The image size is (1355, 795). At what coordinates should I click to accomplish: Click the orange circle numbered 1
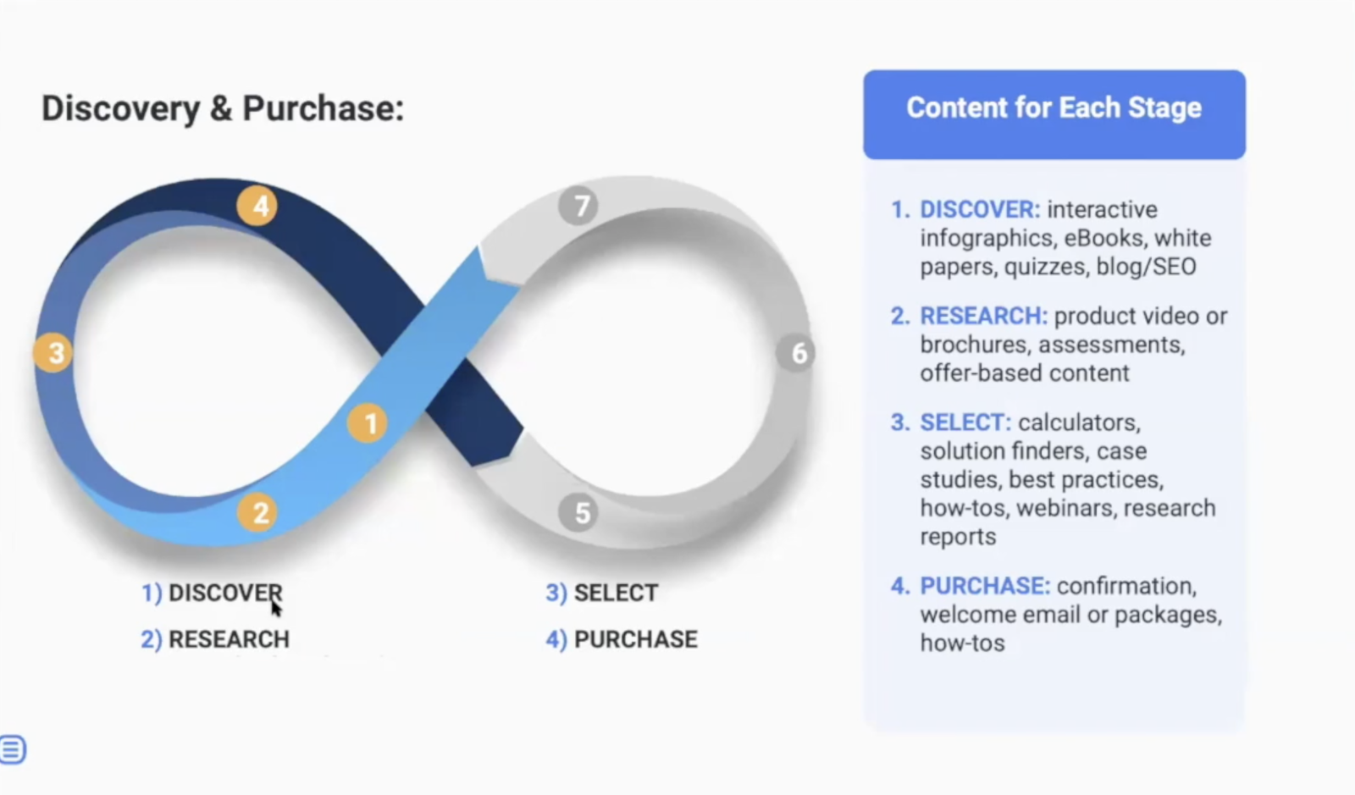tap(368, 423)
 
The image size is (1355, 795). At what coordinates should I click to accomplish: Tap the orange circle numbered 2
tap(259, 512)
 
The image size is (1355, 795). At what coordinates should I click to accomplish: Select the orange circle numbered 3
tap(55, 352)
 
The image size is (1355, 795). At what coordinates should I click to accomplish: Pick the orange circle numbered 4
tap(258, 206)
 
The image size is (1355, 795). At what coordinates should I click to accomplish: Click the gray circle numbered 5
tap(581, 512)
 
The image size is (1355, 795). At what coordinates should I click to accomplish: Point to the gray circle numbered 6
tap(798, 352)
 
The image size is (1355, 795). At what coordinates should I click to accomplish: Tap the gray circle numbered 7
tap(580, 206)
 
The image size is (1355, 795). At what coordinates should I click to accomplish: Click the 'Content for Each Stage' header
tap(1054, 108)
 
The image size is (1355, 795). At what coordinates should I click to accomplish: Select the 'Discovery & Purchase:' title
tap(223, 108)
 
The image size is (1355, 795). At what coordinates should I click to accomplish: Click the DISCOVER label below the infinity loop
tap(224, 593)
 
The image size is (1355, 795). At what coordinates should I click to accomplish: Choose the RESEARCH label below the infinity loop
tap(229, 639)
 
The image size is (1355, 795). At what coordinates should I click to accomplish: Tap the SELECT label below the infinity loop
tap(616, 593)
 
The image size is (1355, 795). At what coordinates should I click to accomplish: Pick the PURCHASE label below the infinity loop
tap(635, 639)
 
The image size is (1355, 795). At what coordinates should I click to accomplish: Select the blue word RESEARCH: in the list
tap(983, 316)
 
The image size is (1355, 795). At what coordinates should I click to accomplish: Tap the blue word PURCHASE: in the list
tap(985, 586)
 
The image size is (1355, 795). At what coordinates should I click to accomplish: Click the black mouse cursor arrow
tap(276, 608)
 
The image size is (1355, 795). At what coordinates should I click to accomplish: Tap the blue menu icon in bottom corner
tap(12, 749)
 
